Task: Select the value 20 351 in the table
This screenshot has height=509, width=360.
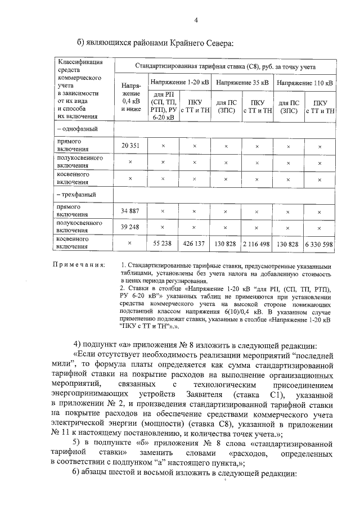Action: click(130, 146)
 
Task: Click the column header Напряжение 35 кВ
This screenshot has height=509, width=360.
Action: click(242, 82)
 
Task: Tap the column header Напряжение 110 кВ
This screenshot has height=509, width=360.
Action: click(305, 82)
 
